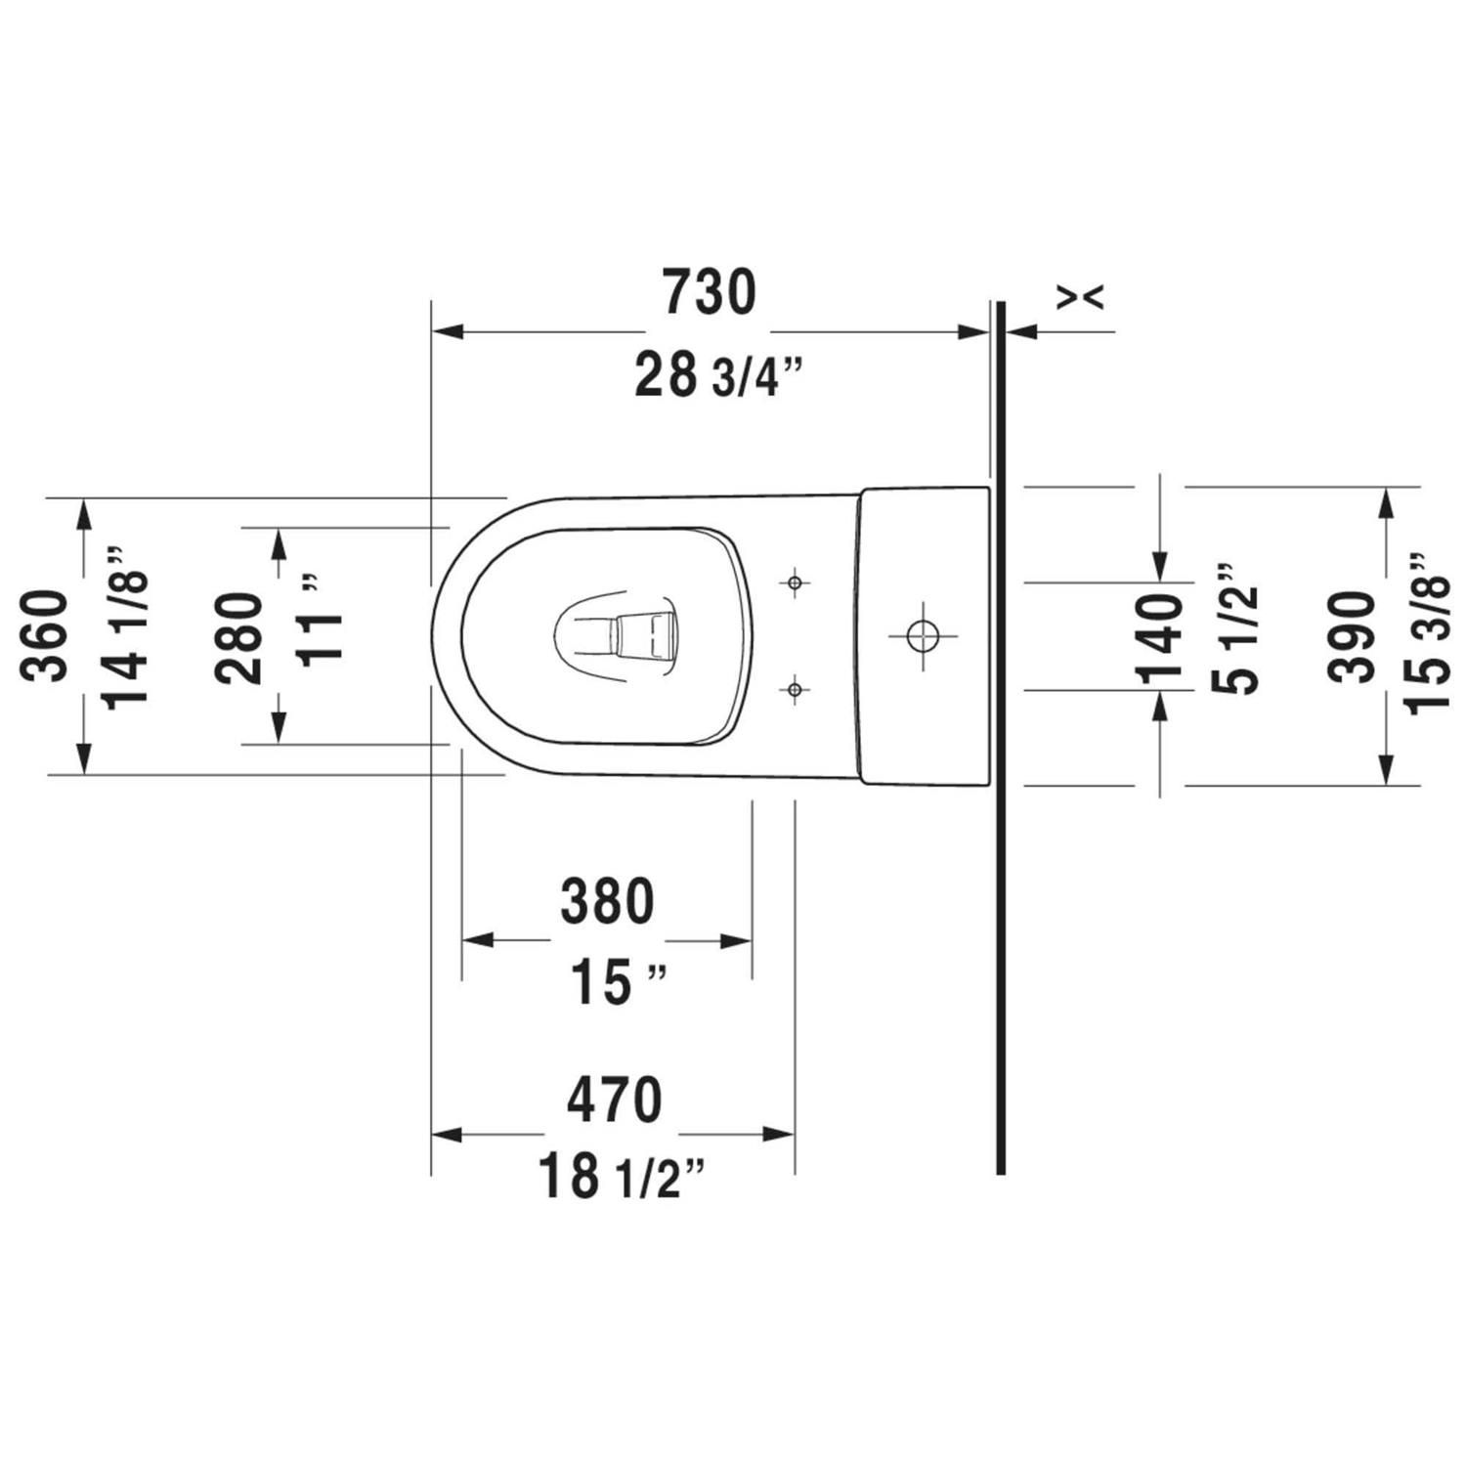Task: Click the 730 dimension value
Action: tap(710, 292)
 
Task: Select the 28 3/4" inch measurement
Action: tap(718, 376)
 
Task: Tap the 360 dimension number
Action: tap(47, 636)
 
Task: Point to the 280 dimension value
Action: tap(240, 637)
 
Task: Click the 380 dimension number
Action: tap(607, 901)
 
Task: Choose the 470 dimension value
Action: tap(614, 1099)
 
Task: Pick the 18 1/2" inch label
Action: tap(622, 1177)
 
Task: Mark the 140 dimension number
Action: tap(1159, 637)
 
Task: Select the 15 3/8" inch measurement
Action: tap(1428, 633)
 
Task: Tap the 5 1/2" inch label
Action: tap(1235, 629)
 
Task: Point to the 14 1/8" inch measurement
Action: tap(126, 625)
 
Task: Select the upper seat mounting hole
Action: tap(795, 583)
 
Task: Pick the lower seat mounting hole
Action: tap(795, 691)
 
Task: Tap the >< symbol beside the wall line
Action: tap(1081, 296)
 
